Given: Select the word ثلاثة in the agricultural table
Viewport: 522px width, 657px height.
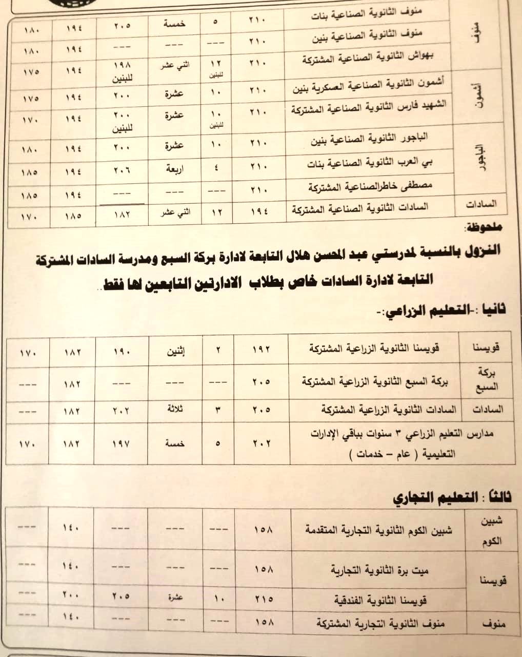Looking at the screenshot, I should click(x=175, y=409).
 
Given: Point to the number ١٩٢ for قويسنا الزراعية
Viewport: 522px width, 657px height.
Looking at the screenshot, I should click(x=261, y=350).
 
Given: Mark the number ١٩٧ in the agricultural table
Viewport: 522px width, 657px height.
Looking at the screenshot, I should click(x=121, y=443).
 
